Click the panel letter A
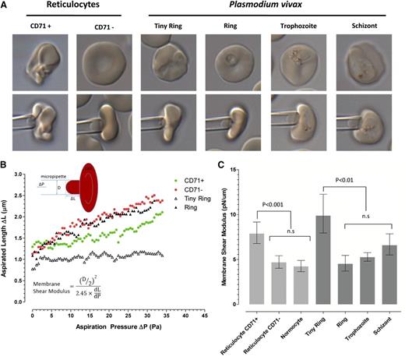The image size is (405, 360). pos(5,5)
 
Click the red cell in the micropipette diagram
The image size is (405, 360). pos(93,187)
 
